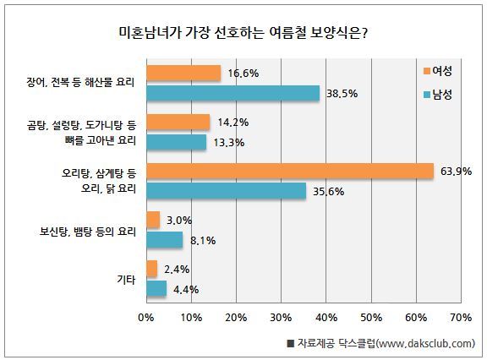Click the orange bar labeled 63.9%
point(290,171)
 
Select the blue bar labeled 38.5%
point(233,93)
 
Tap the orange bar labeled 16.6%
point(183,73)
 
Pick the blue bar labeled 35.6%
point(227,190)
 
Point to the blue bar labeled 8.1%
point(165,240)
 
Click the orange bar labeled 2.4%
point(152,269)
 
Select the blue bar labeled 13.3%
point(177,142)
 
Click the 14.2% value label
point(233,123)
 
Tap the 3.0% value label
point(179,221)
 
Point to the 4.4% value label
point(186,290)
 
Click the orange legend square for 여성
point(427,71)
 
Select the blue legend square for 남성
point(427,95)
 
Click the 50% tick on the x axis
point(371,318)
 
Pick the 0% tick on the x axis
point(146,318)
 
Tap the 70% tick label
point(462,318)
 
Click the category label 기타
point(127,280)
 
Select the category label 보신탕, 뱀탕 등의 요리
point(88,232)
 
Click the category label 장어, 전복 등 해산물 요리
point(80,83)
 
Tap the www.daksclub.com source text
point(424,344)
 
